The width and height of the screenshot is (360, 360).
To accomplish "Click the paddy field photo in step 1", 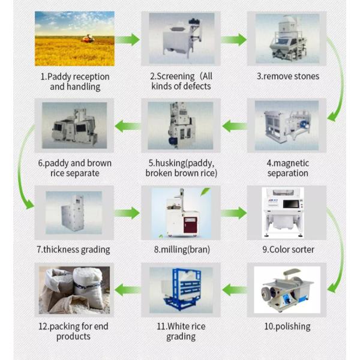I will click(x=74, y=39).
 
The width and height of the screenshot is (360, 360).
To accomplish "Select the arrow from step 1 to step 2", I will click(x=127, y=40).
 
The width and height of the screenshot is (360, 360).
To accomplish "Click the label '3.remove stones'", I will click(x=287, y=76).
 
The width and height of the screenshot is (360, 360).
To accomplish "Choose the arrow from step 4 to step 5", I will click(x=235, y=126).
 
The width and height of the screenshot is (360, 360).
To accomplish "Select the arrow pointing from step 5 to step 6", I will click(x=127, y=126).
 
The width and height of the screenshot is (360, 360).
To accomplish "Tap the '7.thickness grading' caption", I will click(x=73, y=249).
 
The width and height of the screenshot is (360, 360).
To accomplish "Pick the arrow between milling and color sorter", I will click(x=235, y=212).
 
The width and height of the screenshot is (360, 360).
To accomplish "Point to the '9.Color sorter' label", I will click(x=287, y=249).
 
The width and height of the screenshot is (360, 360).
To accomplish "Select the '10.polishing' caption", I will click(x=287, y=326).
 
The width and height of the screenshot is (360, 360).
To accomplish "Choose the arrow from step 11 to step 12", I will click(x=127, y=290).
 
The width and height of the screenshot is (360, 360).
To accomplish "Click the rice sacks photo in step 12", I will click(x=74, y=290).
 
